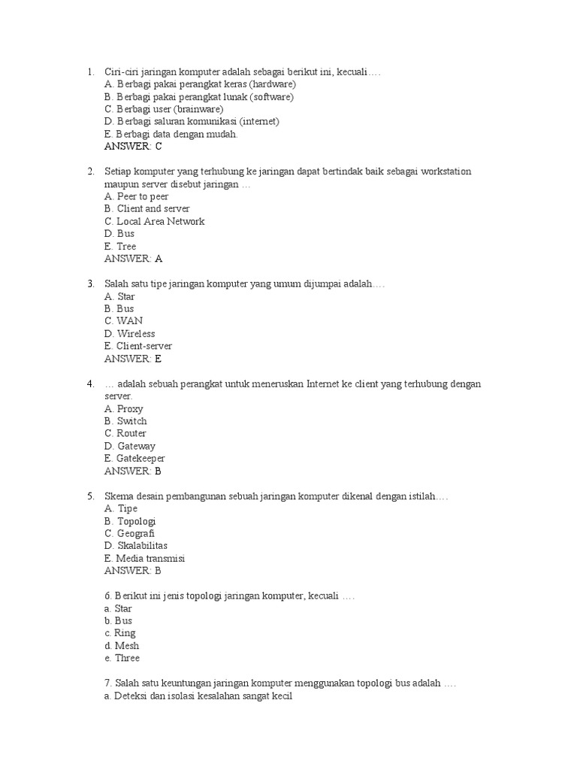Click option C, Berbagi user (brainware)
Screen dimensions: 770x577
(164, 109)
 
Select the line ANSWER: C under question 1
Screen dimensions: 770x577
(133, 147)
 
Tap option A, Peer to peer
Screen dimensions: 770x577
(137, 196)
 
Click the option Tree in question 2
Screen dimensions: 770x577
(121, 246)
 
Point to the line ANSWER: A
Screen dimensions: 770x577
(133, 259)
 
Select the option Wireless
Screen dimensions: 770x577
(130, 333)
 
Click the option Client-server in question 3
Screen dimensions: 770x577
(138, 346)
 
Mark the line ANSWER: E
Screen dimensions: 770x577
(133, 359)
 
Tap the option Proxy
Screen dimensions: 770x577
(124, 408)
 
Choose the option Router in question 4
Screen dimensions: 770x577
(125, 433)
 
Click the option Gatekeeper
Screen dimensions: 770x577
(134, 458)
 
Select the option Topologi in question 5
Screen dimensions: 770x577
(130, 520)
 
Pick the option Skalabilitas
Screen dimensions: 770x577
(136, 545)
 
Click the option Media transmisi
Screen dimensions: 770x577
(144, 558)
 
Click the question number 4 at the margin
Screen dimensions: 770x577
(89, 383)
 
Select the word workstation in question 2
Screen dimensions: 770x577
(445, 171)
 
